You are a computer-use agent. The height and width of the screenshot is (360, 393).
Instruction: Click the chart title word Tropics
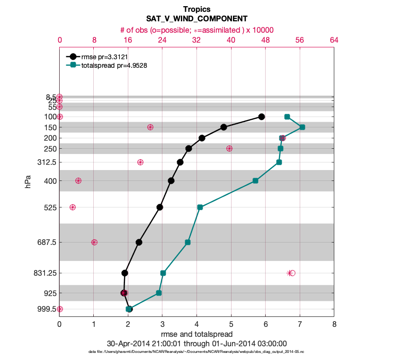tap(196, 9)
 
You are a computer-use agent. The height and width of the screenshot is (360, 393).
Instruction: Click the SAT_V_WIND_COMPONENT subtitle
tap(196, 19)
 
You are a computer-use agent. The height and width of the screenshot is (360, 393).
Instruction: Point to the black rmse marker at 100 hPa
tap(261, 117)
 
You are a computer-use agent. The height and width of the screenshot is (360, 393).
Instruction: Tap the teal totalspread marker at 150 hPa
tap(302, 127)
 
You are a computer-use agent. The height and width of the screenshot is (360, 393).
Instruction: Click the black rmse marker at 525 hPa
tap(160, 207)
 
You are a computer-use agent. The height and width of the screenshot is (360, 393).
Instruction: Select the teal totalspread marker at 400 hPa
tap(255, 180)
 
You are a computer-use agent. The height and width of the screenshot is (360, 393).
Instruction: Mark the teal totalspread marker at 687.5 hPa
tap(188, 242)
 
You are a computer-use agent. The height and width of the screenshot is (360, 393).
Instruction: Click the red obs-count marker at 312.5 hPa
tap(140, 162)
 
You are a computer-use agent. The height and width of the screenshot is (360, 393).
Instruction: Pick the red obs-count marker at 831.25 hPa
tap(291, 273)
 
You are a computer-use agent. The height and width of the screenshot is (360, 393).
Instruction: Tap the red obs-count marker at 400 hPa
tap(78, 180)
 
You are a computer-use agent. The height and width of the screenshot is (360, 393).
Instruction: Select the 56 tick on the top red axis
tap(300, 40)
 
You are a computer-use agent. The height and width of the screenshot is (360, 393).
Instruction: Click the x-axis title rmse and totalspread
tap(196, 334)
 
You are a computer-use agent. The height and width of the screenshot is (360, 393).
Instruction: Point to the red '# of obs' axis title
tap(196, 30)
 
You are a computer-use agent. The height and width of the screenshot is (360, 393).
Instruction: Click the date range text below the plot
tap(196, 343)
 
